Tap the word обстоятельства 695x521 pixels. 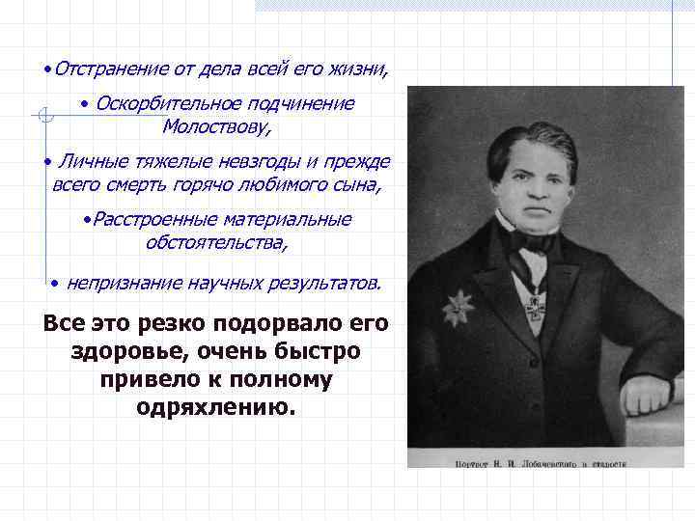pyautogui.click(x=216, y=241)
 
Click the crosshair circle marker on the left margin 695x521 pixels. pyautogui.click(x=42, y=117)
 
